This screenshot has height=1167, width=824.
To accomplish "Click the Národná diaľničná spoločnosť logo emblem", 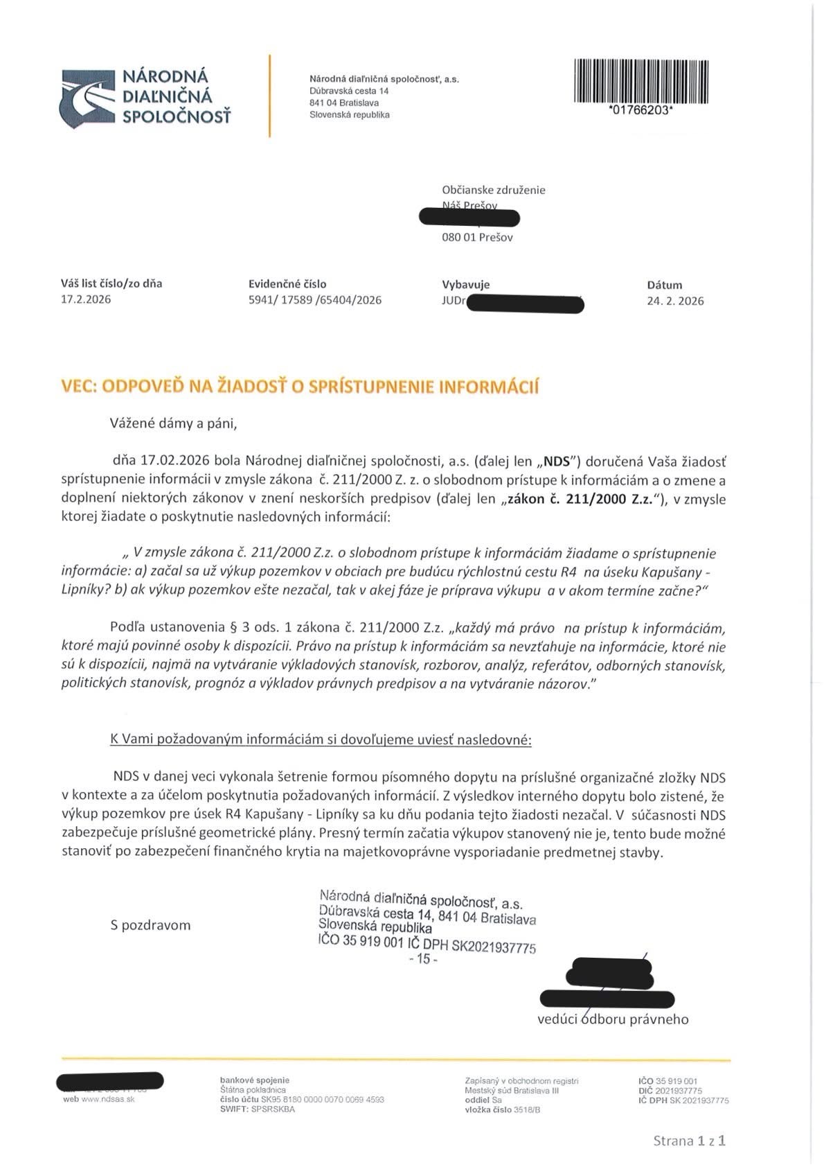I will click(x=87, y=98).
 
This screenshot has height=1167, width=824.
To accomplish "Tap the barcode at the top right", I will click(x=641, y=81).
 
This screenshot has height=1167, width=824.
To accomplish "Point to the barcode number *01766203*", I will click(x=640, y=110).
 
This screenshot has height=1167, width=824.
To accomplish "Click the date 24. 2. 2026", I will click(x=675, y=301).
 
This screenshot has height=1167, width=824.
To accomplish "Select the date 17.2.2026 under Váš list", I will click(x=86, y=299).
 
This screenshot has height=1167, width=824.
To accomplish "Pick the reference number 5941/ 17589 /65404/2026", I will click(x=314, y=300).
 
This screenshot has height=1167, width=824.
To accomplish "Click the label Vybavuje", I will click(x=465, y=284).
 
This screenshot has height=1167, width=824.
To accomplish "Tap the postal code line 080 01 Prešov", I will click(x=477, y=237).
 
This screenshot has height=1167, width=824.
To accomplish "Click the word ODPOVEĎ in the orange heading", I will click(x=143, y=387).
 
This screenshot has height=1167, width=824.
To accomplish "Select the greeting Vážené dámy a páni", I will click(x=173, y=423).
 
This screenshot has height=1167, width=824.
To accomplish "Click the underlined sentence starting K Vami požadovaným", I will click(x=321, y=739).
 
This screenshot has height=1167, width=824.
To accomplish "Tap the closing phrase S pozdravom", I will click(x=150, y=925).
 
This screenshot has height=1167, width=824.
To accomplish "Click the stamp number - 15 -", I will click(x=423, y=959).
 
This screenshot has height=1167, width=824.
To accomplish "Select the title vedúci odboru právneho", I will click(x=613, y=1019).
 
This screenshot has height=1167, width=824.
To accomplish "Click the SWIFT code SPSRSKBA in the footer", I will click(x=273, y=1109).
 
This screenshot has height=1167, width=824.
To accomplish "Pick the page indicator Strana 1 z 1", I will click(x=689, y=1141).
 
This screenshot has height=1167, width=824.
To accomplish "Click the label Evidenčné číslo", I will click(x=287, y=283).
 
